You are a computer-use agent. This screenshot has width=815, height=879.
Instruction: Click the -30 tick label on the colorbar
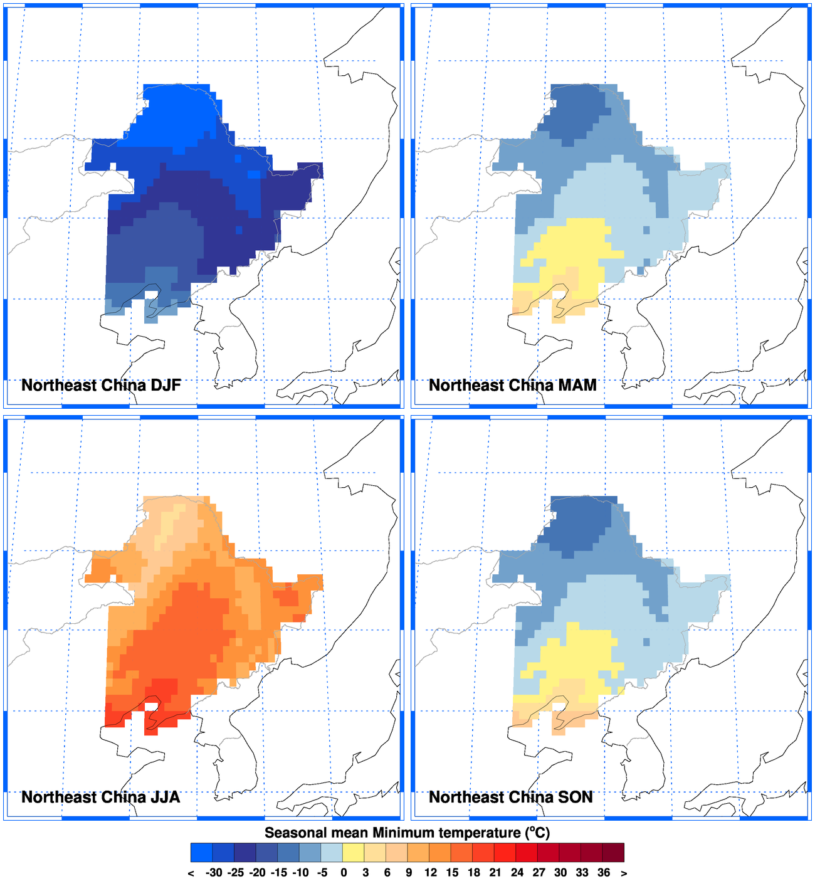click(214, 873)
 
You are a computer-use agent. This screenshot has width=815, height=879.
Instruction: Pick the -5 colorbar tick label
click(322, 873)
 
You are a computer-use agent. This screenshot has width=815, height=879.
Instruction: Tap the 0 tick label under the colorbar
click(344, 873)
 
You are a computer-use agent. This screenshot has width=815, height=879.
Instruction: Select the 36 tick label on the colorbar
click(604, 873)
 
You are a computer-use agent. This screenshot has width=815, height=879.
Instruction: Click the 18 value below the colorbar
click(474, 873)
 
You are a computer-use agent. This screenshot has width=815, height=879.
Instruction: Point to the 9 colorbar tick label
click(409, 873)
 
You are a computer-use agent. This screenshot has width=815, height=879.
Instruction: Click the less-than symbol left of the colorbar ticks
click(191, 873)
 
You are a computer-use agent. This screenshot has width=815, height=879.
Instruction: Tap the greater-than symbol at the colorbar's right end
click(624, 873)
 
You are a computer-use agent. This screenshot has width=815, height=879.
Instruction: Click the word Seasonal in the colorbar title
click(295, 833)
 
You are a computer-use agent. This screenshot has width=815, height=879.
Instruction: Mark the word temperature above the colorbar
click(480, 833)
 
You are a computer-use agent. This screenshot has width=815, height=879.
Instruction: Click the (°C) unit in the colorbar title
click(537, 833)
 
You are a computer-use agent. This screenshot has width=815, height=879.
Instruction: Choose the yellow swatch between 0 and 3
click(354, 853)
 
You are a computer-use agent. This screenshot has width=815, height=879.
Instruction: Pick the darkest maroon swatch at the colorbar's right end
click(614, 853)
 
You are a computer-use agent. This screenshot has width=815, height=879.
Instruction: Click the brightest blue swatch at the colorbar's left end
click(202, 853)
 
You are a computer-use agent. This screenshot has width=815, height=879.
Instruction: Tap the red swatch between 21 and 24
click(505, 853)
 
